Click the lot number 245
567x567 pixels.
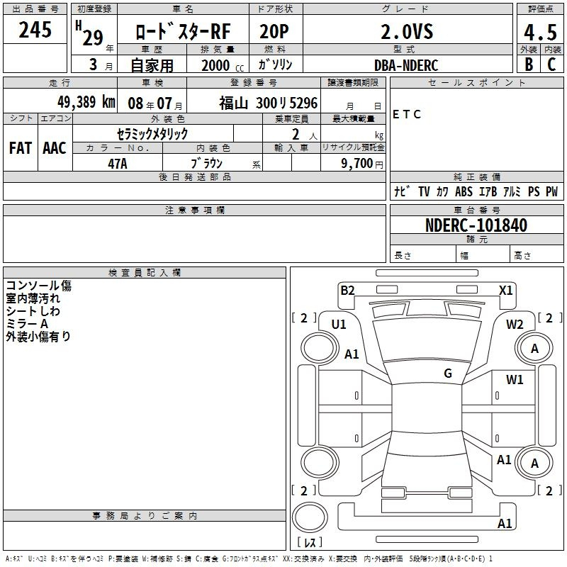click(x=35, y=30)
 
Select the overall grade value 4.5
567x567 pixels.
click(x=540, y=33)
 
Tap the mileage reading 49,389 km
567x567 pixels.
click(x=86, y=102)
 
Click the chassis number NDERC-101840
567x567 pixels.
click(x=476, y=225)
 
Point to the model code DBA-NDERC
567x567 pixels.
click(x=406, y=65)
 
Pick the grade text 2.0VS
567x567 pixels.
click(x=407, y=32)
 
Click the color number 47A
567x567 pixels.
click(x=118, y=164)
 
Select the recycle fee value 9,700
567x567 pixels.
click(x=357, y=164)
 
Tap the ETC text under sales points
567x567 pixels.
click(x=406, y=114)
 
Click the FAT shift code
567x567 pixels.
click(x=21, y=148)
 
